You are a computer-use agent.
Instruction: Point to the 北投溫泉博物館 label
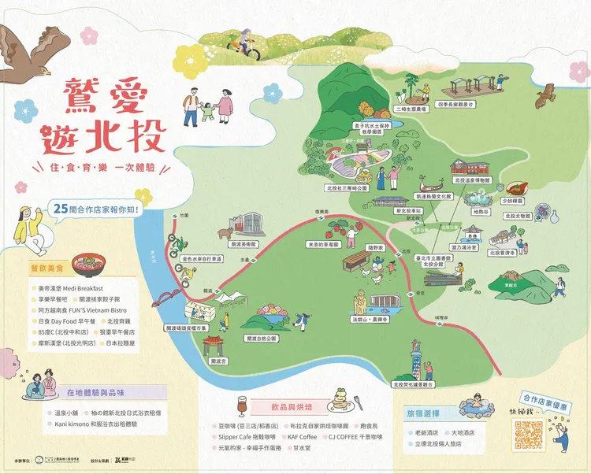click(471, 180)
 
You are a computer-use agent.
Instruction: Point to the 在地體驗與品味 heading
click(96, 393)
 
